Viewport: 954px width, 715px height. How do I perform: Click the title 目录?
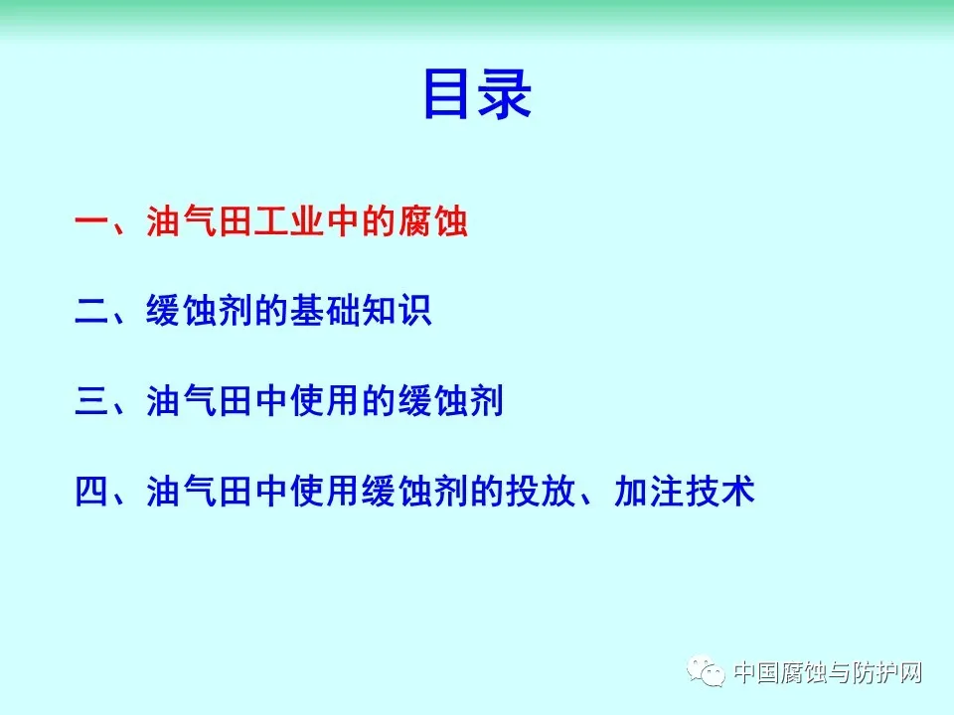(x=478, y=93)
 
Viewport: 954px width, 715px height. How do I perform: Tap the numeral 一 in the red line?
(x=91, y=221)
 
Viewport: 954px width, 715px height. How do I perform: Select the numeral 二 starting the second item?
(x=91, y=311)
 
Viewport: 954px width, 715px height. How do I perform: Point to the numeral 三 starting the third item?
(x=91, y=400)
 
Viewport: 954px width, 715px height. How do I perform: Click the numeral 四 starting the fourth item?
(x=91, y=492)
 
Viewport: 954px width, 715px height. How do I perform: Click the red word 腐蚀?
(x=433, y=220)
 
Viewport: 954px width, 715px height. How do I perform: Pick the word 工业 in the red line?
(x=289, y=220)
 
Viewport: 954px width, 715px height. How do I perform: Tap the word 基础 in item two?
(x=325, y=311)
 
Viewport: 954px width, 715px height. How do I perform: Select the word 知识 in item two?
(x=397, y=311)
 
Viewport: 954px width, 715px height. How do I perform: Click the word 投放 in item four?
(x=541, y=492)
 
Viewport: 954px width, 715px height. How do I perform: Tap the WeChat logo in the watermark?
(x=706, y=670)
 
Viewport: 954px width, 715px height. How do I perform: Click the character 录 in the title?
(x=505, y=93)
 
